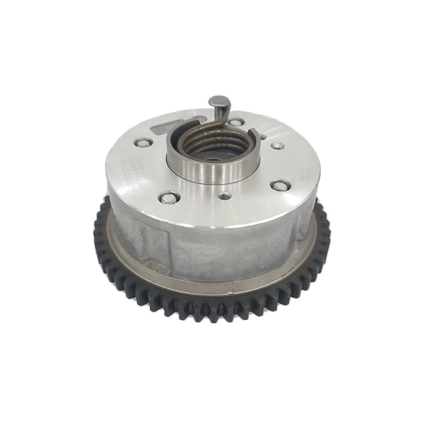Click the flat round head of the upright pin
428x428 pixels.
pos(218,101)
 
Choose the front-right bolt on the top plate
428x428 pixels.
pos(280,186)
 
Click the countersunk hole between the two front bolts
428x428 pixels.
pos(225,196)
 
